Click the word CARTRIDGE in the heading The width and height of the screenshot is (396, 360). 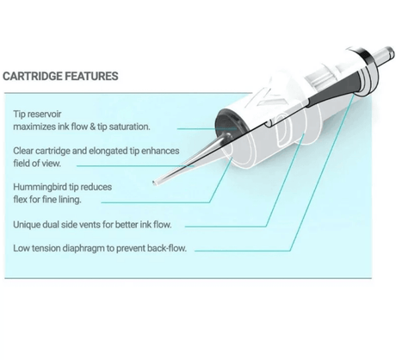point(37,76)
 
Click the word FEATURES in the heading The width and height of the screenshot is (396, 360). point(94,76)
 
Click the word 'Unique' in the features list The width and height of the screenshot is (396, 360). point(28,224)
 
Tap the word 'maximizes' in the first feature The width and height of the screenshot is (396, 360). point(38,126)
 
